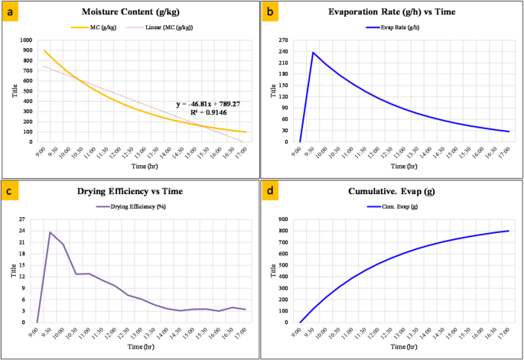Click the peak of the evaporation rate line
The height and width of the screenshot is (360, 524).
pos(313,53)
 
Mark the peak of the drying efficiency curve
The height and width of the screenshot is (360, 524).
pos(50,232)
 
